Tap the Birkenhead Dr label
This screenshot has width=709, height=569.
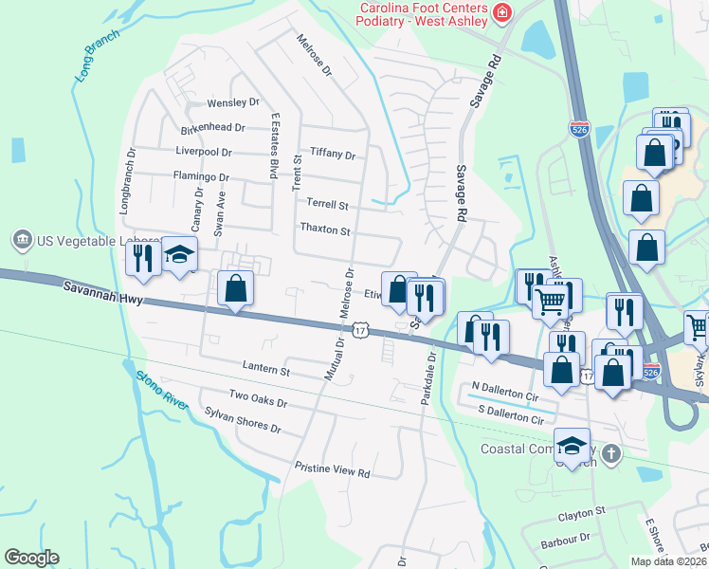pyautogui.click(x=213, y=127)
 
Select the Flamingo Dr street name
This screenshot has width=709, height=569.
pyautogui.click(x=201, y=176)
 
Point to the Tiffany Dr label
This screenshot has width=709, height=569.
pyautogui.click(x=332, y=155)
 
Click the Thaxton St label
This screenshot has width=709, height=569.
pyautogui.click(x=325, y=229)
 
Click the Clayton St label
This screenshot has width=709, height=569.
pyautogui.click(x=581, y=512)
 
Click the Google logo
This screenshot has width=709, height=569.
pyautogui.click(x=31, y=558)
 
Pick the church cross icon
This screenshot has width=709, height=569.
pyautogui.click(x=611, y=453)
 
